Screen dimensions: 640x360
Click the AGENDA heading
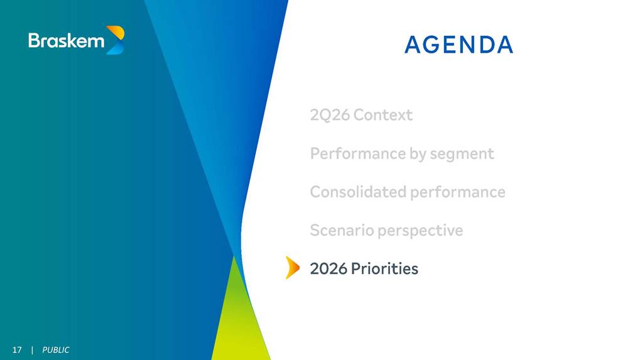coord(458,45)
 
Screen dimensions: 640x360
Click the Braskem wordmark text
coord(66,40)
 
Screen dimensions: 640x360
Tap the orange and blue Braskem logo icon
coord(115,40)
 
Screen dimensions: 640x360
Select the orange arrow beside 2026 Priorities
coord(293,268)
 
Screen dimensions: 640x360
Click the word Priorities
coord(384,268)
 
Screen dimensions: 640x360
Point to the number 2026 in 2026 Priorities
coord(328,268)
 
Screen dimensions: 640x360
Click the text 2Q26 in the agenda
coord(330,115)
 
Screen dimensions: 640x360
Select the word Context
coord(383,115)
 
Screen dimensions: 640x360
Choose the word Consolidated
coord(358,192)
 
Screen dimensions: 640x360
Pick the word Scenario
coord(342,230)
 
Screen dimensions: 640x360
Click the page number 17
coord(17,350)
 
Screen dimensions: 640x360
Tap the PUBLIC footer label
coord(56,350)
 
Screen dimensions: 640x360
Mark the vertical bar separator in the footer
coord(32,350)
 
